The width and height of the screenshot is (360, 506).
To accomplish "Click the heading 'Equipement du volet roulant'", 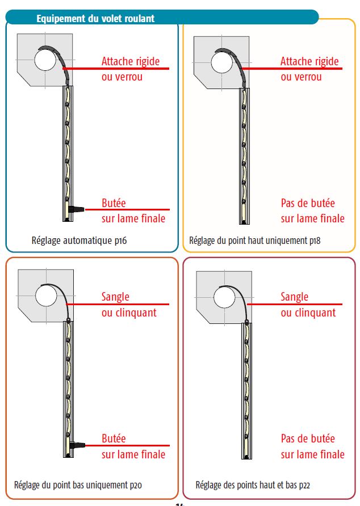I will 95,19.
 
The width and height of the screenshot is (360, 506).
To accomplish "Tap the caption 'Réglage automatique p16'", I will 79,241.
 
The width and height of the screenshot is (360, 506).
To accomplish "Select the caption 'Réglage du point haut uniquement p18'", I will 255,241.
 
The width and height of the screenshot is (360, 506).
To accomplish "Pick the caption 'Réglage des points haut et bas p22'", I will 253,485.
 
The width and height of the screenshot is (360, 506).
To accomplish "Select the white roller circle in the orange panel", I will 45,296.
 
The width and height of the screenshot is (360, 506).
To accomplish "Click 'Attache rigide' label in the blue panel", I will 131,61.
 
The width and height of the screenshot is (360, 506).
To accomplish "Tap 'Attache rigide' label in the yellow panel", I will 309,61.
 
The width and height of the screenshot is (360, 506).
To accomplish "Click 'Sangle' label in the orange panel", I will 115,297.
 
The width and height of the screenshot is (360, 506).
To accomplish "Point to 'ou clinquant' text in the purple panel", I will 308,313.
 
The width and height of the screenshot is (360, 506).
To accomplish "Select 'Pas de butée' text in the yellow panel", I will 308,203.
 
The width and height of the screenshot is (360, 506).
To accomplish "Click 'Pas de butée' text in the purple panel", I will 308,438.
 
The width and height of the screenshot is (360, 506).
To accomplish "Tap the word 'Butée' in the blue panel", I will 114,203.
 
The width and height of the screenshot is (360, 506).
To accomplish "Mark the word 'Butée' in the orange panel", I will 114,438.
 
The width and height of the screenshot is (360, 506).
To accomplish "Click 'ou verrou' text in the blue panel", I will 122,77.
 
